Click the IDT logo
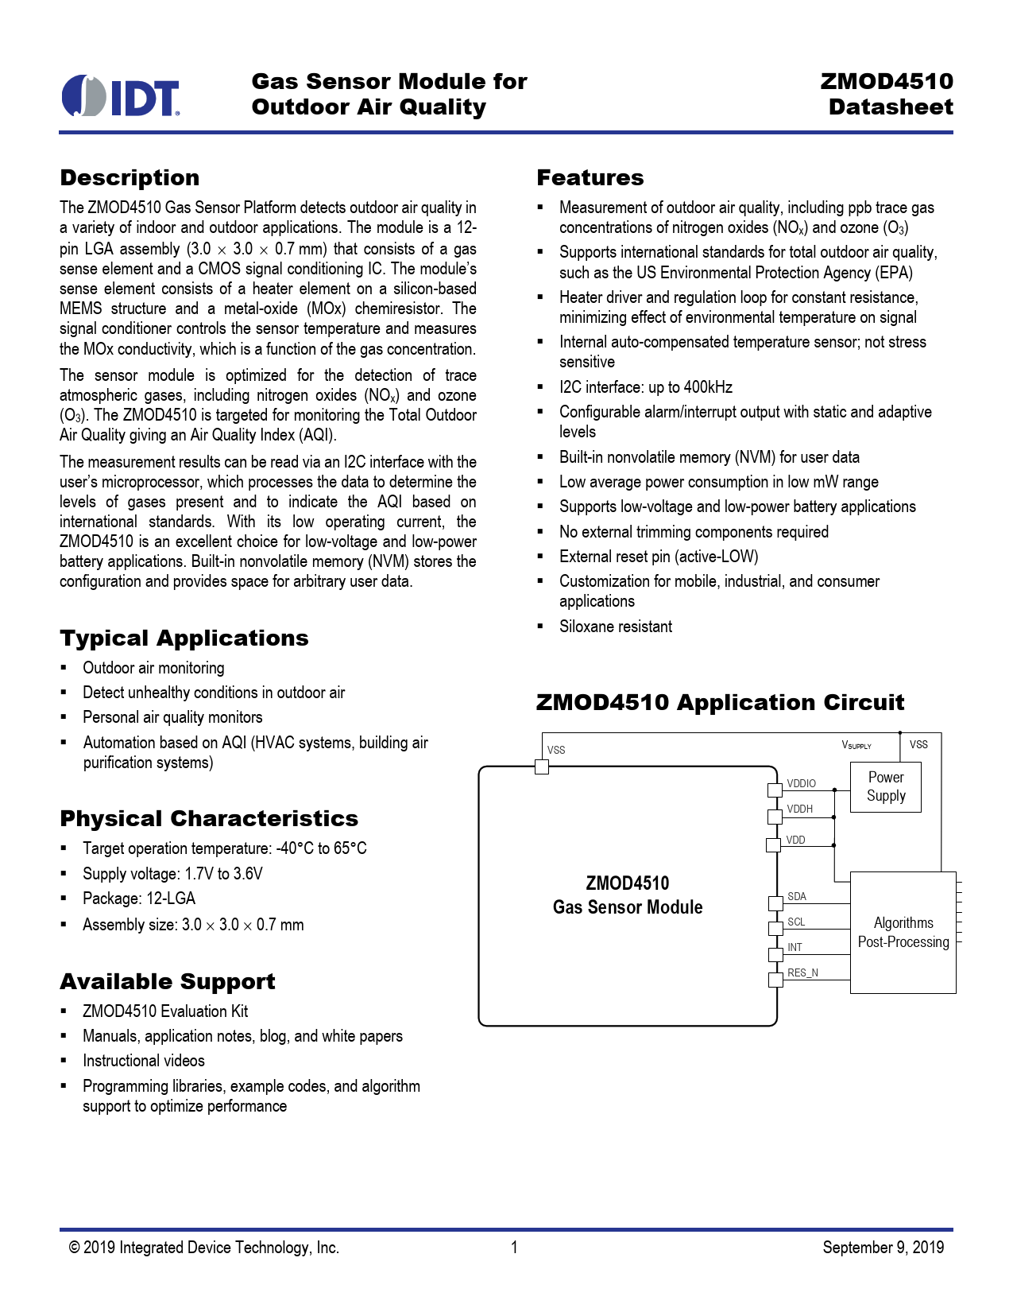[121, 96]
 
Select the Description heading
[130, 177]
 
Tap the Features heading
[590, 177]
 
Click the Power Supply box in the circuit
[885, 786]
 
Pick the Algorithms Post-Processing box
[903, 932]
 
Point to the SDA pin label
[796, 896]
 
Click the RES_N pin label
[802, 972]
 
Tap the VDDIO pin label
[801, 783]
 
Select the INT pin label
[795, 947]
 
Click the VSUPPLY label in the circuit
[856, 745]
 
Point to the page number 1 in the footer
[514, 1247]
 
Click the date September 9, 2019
[883, 1247]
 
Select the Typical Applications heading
[184, 638]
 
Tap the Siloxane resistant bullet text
[615, 627]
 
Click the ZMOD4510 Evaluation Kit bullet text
[165, 1011]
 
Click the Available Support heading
[167, 981]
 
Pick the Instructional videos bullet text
[144, 1061]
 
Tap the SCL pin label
[796, 922]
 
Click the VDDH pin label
[799, 809]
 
